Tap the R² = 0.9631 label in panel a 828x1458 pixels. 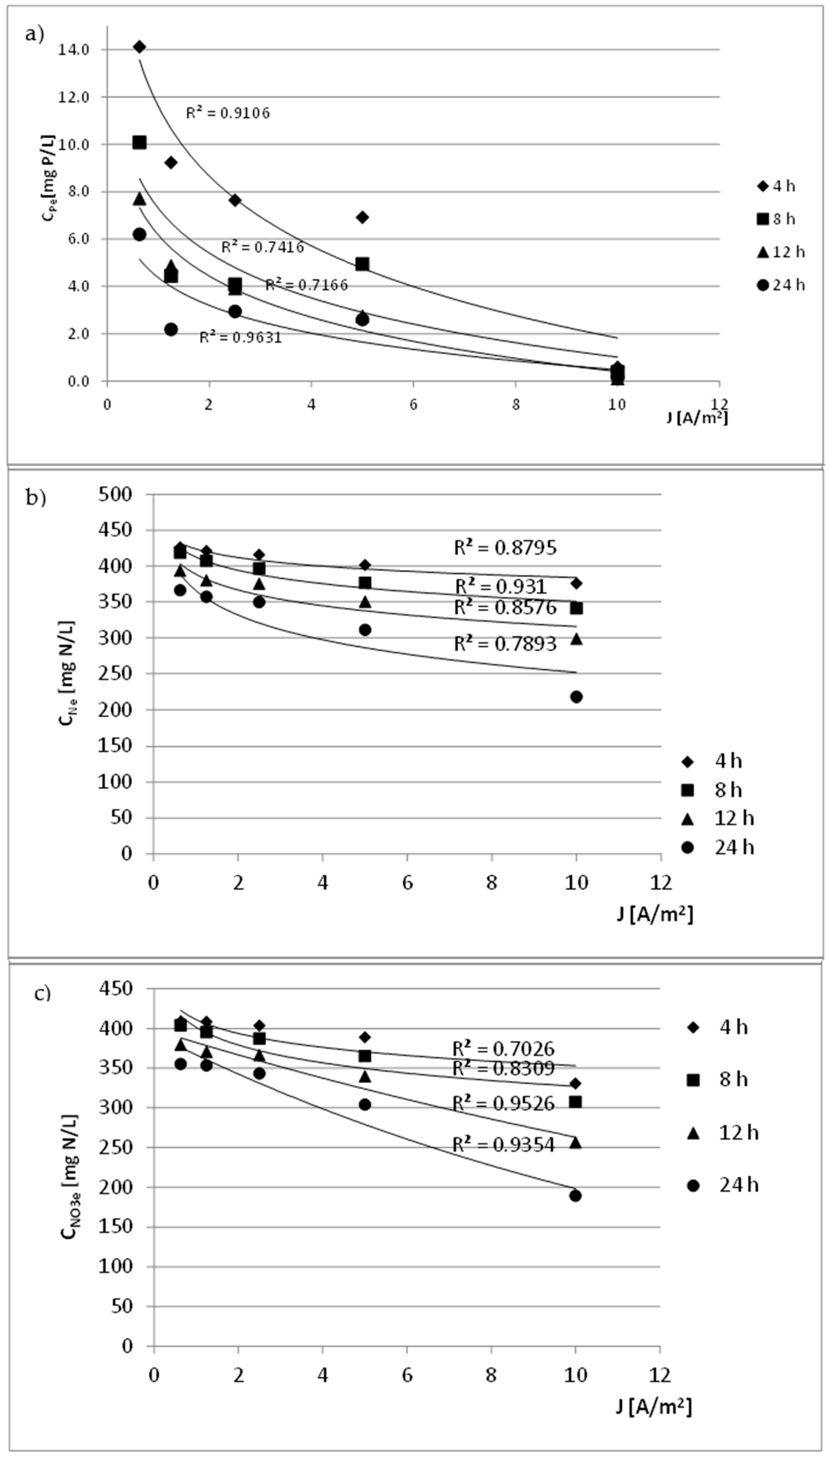[240, 338]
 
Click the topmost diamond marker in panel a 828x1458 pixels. [139, 47]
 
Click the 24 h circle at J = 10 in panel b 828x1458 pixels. [576, 697]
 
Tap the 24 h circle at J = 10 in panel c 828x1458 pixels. [575, 1195]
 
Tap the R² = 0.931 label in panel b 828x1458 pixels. [500, 586]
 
